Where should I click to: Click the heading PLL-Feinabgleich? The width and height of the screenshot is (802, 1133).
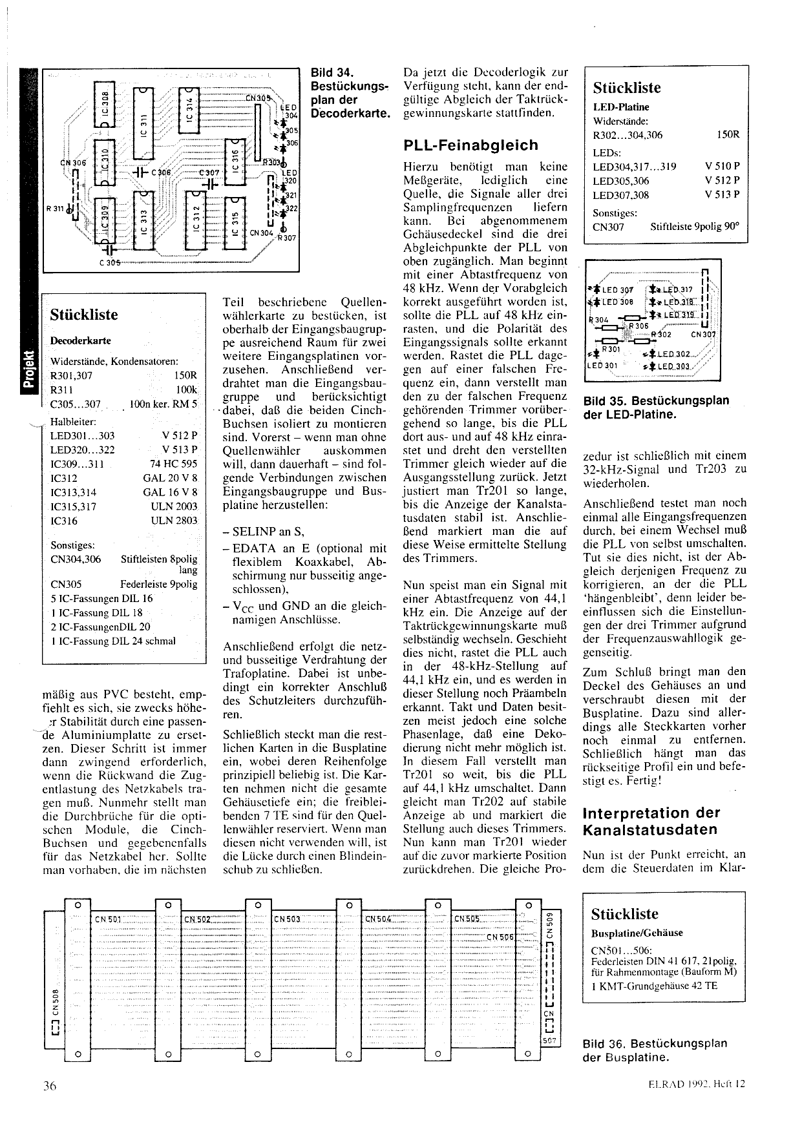coord(470,145)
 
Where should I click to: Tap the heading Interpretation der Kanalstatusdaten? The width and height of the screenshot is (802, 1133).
coord(651,821)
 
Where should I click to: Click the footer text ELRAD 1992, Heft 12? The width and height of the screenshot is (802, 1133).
coord(697,1084)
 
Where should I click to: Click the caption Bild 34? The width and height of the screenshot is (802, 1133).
coord(332,73)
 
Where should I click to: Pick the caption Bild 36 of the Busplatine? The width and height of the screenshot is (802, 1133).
coord(655,1050)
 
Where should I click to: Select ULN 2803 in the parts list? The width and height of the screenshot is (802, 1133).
coord(174,521)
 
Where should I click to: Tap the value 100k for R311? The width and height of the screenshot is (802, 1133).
coord(186,390)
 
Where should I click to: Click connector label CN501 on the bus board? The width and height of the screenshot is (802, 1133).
coord(108,919)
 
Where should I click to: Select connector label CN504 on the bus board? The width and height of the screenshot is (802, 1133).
coord(378,919)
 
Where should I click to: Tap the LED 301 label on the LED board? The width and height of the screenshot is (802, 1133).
coord(602,365)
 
